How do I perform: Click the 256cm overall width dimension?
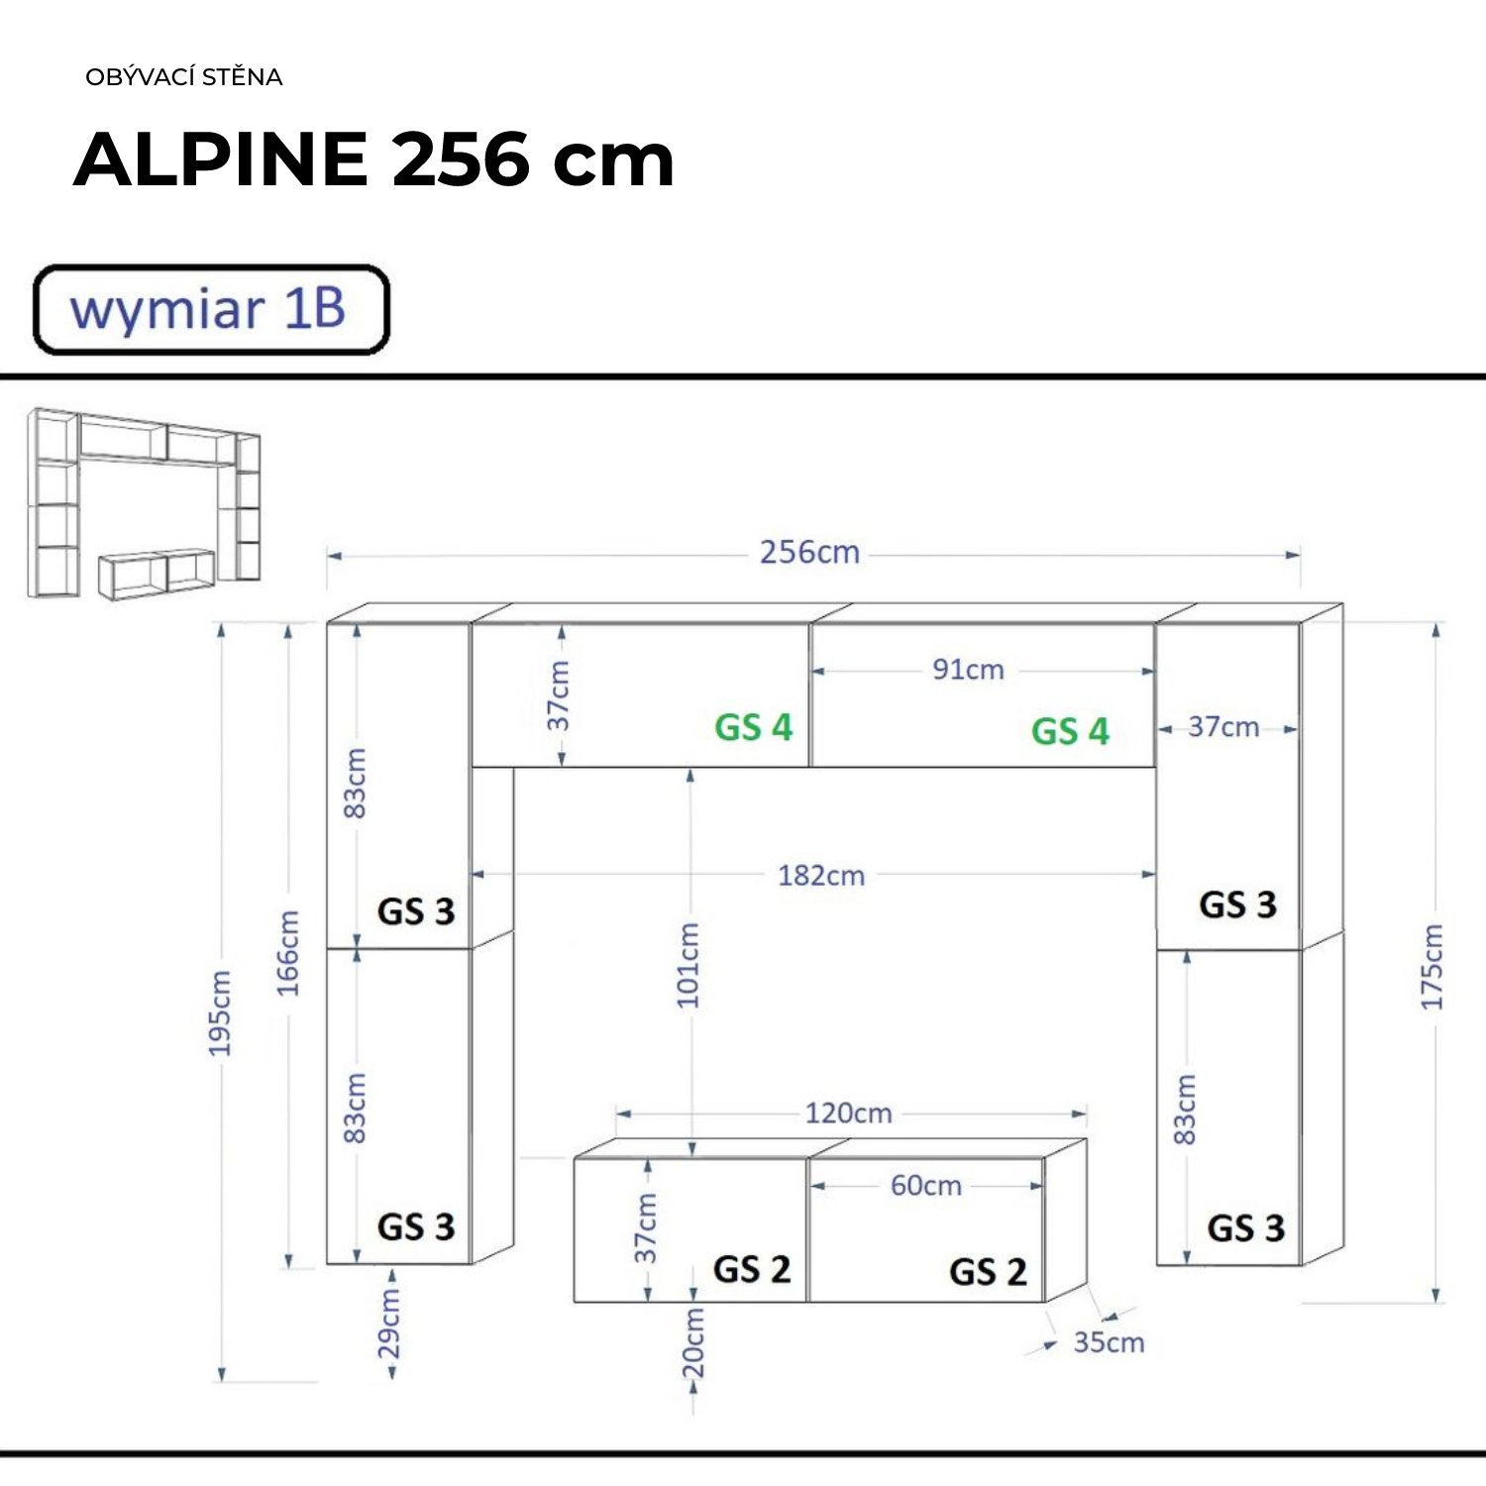click(x=809, y=552)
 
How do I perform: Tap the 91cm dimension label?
click(x=968, y=670)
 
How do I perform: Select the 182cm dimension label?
click(x=820, y=876)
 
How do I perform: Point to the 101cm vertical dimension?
click(x=688, y=965)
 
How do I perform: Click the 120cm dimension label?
click(x=848, y=1114)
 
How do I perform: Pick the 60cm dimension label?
click(x=925, y=1185)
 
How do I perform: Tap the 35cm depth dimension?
click(x=1109, y=1342)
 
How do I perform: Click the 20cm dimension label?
click(x=692, y=1342)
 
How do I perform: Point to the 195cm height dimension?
click(x=219, y=1012)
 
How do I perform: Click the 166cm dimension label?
click(x=286, y=953)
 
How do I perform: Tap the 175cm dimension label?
click(x=1432, y=967)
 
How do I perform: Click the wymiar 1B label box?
click(x=212, y=309)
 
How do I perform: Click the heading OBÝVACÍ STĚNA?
click(x=184, y=76)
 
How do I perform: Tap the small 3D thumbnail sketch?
click(x=145, y=503)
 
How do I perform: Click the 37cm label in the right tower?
click(x=1223, y=727)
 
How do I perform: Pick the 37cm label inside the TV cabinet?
click(x=645, y=1227)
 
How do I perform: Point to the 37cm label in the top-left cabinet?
click(x=559, y=695)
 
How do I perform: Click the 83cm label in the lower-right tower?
click(x=1184, y=1109)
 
